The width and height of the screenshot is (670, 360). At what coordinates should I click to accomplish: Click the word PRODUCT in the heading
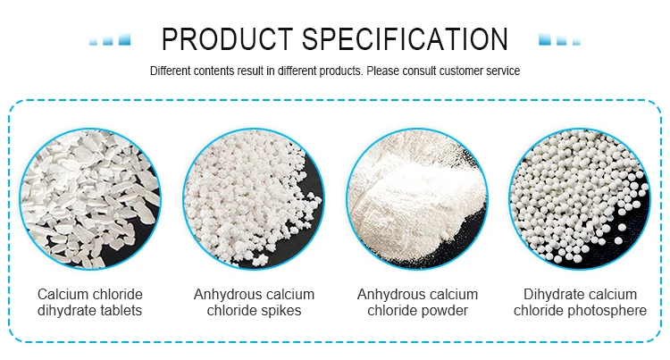[x=227, y=39]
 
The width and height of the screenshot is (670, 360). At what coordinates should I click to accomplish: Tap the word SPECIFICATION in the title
[x=406, y=39]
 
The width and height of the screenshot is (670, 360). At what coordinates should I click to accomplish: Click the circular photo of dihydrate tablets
[x=90, y=198]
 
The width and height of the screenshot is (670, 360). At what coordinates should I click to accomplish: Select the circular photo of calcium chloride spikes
[x=254, y=198]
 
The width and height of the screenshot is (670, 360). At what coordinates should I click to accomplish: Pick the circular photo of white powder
[x=417, y=198]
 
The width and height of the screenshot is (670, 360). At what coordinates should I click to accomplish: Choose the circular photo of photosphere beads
[x=580, y=198]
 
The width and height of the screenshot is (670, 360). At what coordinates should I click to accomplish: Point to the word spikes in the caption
[x=280, y=311]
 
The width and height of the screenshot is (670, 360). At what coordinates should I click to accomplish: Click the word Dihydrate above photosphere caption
[x=551, y=294]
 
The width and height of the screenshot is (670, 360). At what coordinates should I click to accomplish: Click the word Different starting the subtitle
[x=170, y=71]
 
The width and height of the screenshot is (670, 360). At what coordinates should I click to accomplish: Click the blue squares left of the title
[x=110, y=39]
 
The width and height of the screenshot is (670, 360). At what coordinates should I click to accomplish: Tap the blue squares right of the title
[x=560, y=39]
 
